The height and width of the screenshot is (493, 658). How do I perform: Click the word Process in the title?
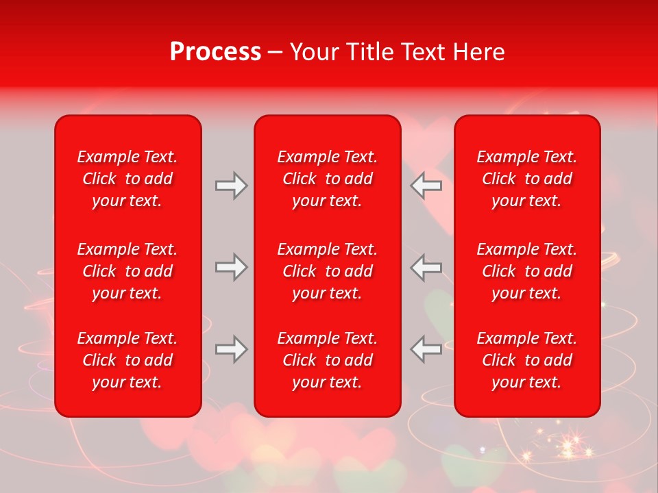[x=215, y=52]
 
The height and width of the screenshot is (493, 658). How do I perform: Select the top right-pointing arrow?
[x=231, y=186]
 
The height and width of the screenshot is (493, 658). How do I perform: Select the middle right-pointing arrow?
[x=231, y=267]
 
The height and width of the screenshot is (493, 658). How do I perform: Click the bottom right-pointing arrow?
[x=231, y=349]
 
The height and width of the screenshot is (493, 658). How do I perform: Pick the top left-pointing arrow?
[x=426, y=186]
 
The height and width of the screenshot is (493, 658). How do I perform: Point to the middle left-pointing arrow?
[x=426, y=267]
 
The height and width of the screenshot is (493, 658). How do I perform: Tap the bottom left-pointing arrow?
[x=426, y=349]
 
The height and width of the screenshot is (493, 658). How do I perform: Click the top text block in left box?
[x=127, y=179]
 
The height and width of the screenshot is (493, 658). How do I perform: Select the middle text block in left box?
[x=127, y=271]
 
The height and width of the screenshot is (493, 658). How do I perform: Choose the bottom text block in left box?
[x=127, y=360]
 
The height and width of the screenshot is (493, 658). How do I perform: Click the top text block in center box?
[x=327, y=179]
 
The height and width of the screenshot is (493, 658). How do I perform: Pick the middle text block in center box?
[x=327, y=271]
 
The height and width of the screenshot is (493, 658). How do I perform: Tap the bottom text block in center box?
[x=327, y=360]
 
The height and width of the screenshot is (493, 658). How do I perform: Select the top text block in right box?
[x=526, y=179]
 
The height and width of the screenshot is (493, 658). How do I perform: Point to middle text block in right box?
[x=526, y=271]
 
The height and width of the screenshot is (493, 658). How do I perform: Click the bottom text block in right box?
[x=526, y=360]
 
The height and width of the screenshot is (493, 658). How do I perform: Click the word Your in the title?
[x=313, y=52]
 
